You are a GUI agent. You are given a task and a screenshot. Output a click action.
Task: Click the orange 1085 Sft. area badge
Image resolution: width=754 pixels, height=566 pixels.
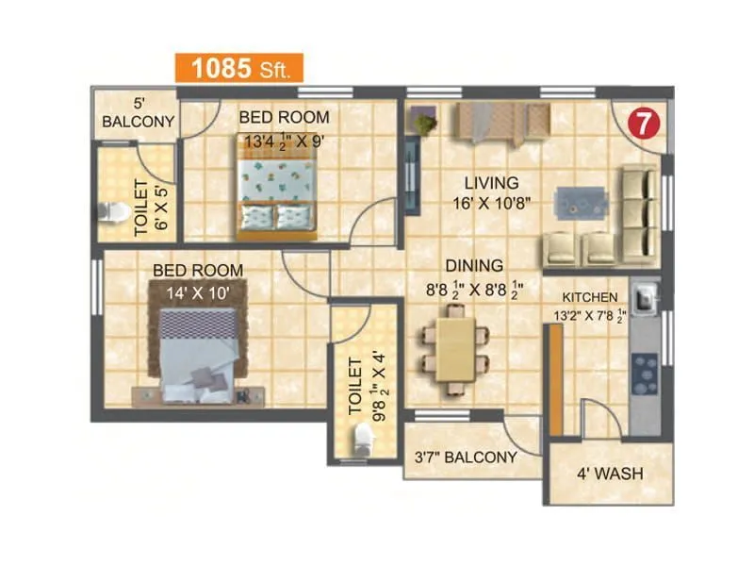click(x=238, y=68)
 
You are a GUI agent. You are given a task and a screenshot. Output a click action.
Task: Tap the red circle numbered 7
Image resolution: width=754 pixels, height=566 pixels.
click(x=643, y=123)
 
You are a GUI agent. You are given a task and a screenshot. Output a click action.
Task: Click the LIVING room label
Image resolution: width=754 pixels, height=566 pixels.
click(x=490, y=182)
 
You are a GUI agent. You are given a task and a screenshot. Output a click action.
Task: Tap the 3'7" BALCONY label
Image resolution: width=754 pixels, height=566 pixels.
click(x=467, y=458)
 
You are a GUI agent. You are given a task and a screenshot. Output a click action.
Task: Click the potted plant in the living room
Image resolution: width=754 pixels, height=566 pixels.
click(x=424, y=122)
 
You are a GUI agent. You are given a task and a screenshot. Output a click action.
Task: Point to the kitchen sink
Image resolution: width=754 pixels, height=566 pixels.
click(x=646, y=300)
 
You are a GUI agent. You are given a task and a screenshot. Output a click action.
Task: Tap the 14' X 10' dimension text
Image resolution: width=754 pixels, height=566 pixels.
click(x=198, y=291)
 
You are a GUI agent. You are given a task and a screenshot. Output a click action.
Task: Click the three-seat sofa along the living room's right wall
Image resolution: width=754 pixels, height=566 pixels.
click(x=638, y=215)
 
